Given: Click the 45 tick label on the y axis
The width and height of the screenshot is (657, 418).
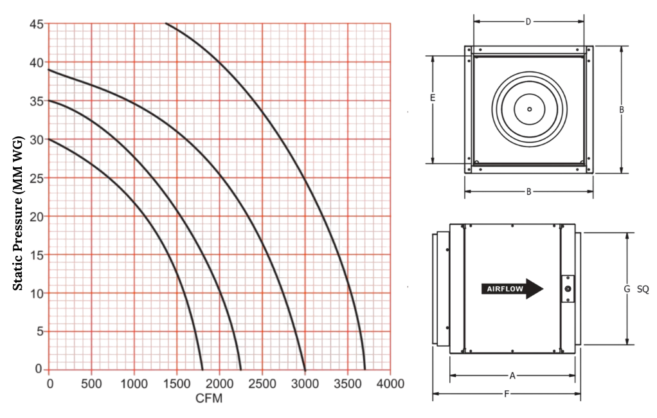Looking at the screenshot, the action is tap(37, 24).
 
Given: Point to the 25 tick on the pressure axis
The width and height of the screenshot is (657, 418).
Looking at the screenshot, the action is tap(37, 178).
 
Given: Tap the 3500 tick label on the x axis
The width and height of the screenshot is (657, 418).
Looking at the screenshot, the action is tap(347, 383).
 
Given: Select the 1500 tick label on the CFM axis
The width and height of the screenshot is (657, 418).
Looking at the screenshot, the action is tap(176, 383).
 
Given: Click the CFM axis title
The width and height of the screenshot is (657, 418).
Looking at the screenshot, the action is tap(209, 398).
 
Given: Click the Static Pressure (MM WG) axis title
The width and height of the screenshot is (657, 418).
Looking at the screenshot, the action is tap(17, 214).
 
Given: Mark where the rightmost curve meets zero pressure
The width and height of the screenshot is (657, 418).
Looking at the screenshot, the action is tap(365, 369).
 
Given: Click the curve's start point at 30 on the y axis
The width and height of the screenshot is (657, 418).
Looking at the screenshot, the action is tap(49, 139).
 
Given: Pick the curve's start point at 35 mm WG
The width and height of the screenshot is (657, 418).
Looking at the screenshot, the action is tap(49, 100).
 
